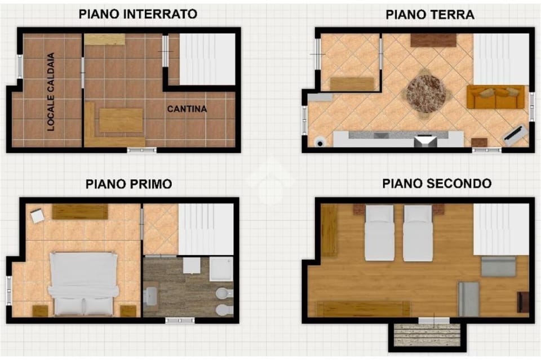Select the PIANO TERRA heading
pyautogui.click(x=429, y=15)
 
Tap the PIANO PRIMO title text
pyautogui.click(x=128, y=184)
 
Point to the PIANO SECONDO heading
pyautogui.click(x=436, y=184)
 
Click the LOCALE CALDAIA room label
pyautogui.click(x=51, y=92)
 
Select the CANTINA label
pyautogui.click(x=187, y=109)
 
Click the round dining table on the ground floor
pyautogui.click(x=427, y=93)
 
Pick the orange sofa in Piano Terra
pyautogui.click(x=495, y=97)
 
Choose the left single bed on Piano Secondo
pyautogui.click(x=379, y=233)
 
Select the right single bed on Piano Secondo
pyautogui.click(x=418, y=233)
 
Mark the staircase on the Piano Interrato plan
pyautogui.click(x=207, y=59)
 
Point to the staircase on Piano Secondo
pyautogui.click(x=500, y=229)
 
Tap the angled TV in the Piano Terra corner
pyautogui.click(x=515, y=135)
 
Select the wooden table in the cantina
pyautogui.click(x=121, y=120)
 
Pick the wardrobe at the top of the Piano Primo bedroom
pyautogui.click(x=80, y=211)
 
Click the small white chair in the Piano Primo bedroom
pyautogui.click(x=37, y=216)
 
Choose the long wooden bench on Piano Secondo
pyautogui.click(x=362, y=309)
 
